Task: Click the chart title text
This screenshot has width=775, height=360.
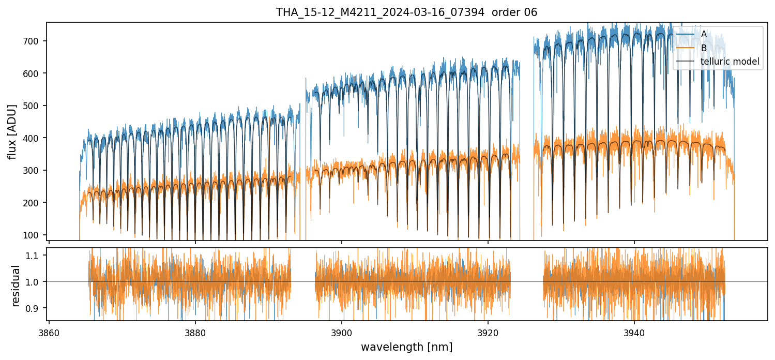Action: tap(406, 12)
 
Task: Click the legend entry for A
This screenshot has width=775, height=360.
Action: tap(704, 34)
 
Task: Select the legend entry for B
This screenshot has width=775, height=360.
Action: tap(704, 48)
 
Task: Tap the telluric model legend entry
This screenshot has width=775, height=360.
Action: tap(730, 62)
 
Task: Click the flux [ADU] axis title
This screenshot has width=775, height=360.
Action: tap(12, 131)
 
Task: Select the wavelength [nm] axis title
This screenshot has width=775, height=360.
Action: tap(406, 347)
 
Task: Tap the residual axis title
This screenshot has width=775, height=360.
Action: tap(16, 286)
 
